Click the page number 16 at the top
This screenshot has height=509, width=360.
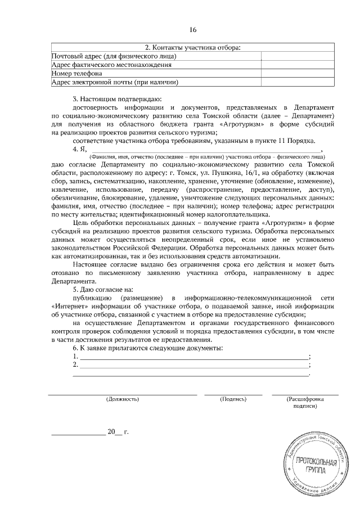pyautogui.click(x=193, y=29)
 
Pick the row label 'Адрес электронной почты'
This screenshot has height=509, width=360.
pyautogui.click(x=115, y=83)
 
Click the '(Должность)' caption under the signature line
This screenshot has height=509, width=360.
pyautogui.click(x=122, y=399)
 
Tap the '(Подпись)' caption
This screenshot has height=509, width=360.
pyautogui.click(x=233, y=399)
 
